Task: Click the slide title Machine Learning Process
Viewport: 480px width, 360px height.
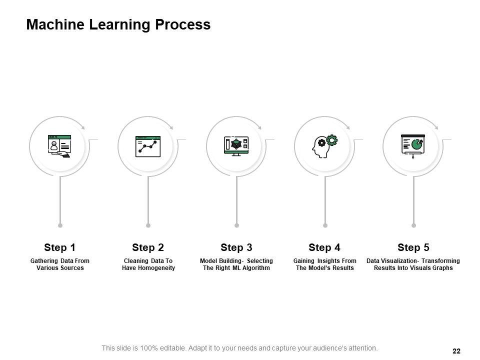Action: [118, 24]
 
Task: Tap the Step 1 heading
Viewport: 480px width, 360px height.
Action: [59, 247]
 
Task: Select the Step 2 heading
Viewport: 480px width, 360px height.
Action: [148, 247]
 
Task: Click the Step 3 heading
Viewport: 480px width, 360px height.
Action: [236, 247]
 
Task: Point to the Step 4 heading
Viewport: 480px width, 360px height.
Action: [324, 247]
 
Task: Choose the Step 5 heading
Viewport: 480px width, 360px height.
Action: [413, 247]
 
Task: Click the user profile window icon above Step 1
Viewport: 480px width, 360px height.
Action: [59, 146]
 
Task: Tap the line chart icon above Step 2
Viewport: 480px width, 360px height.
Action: [148, 146]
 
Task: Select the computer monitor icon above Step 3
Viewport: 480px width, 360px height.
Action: [236, 146]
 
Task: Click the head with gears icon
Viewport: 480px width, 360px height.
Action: [324, 146]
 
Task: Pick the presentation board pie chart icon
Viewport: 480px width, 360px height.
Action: [413, 146]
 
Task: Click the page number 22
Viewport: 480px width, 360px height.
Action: [456, 351]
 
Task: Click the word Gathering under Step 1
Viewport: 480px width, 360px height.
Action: [44, 261]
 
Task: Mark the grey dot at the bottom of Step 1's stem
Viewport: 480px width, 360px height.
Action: [60, 225]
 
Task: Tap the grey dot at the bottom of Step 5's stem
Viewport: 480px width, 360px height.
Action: [413, 225]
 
